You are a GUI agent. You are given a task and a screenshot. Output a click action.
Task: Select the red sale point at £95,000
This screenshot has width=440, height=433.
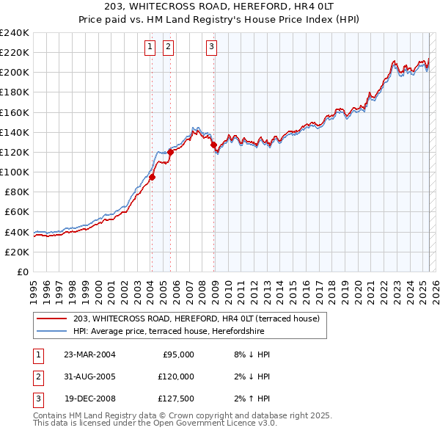pos(153,177)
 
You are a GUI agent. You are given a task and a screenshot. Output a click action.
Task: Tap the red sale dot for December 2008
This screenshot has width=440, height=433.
pos(213,145)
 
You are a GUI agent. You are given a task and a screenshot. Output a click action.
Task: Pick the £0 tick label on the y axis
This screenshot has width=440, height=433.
pos(22,272)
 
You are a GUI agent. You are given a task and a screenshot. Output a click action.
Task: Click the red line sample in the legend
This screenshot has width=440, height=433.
pos(54,319)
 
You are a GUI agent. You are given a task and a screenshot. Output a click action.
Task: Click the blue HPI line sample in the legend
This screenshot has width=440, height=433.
pos(54,331)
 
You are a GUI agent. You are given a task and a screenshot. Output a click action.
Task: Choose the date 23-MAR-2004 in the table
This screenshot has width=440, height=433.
pos(89,354)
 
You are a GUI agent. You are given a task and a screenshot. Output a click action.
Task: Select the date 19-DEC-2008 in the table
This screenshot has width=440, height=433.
pos(89,399)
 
